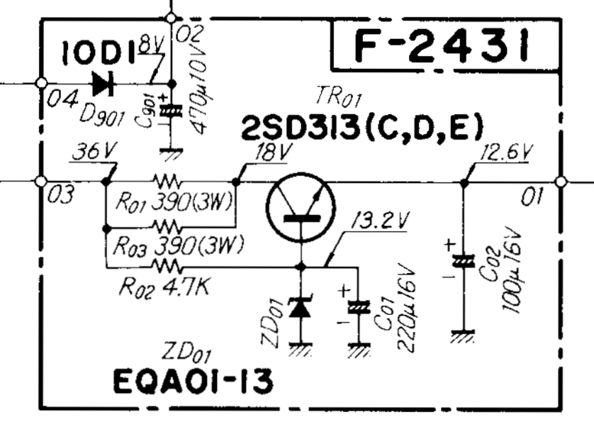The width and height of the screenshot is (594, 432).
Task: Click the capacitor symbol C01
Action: (359, 306)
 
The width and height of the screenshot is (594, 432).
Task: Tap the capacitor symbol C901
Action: (169, 111)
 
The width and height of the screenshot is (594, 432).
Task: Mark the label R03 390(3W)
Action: (176, 245)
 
